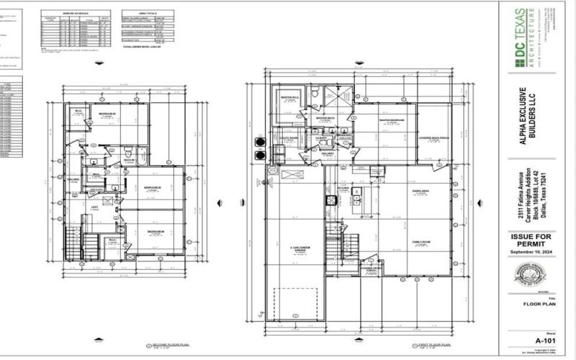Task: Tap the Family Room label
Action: click(420, 241)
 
